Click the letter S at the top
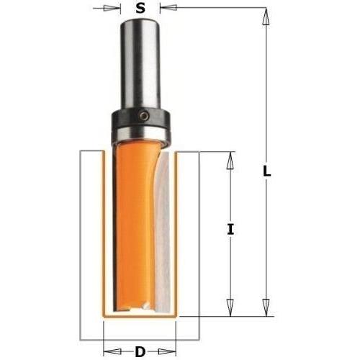(x=140, y=9)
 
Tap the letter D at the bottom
(x=140, y=351)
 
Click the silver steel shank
(x=140, y=65)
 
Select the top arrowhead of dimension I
(x=230, y=158)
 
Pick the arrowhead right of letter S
(x=166, y=9)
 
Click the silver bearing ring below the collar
(x=140, y=132)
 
